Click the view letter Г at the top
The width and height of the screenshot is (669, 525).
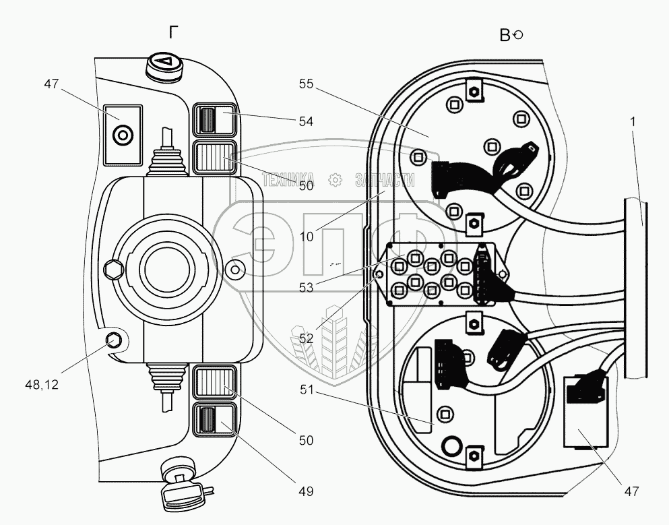click(x=173, y=32)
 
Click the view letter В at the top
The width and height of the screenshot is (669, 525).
click(x=505, y=35)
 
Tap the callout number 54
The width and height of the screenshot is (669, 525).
click(x=306, y=121)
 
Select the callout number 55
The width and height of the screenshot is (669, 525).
click(x=306, y=84)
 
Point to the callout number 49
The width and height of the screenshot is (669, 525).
click(x=306, y=492)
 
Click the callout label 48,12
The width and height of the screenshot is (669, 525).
click(x=42, y=385)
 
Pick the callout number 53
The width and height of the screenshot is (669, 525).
click(x=306, y=288)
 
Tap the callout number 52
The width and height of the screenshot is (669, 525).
click(x=306, y=338)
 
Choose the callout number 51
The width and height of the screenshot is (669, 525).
click(x=306, y=390)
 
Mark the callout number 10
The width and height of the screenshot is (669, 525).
click(x=306, y=237)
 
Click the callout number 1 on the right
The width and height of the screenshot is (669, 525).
click(x=633, y=121)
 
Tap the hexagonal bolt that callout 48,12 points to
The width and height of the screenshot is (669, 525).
click(x=113, y=340)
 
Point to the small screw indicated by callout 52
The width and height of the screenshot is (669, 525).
click(x=378, y=274)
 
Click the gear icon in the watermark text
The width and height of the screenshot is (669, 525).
click(x=336, y=180)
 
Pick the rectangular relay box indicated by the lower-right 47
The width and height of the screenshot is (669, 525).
click(x=586, y=412)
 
